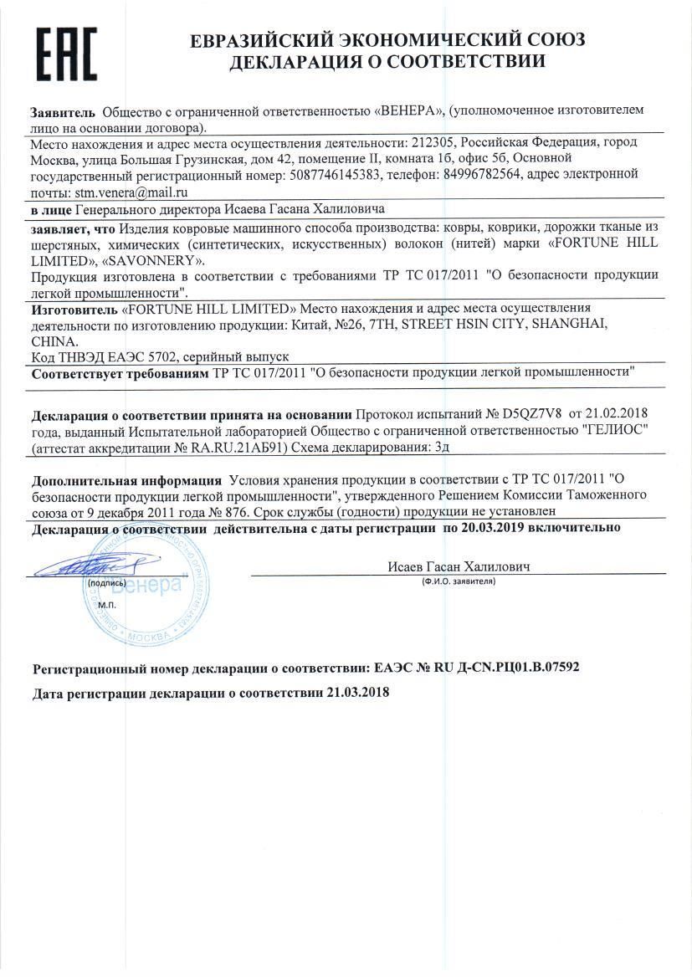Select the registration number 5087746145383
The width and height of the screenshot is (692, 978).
[333, 174]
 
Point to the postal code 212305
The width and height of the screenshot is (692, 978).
[429, 142]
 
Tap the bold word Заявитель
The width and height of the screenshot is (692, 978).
[62, 111]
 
